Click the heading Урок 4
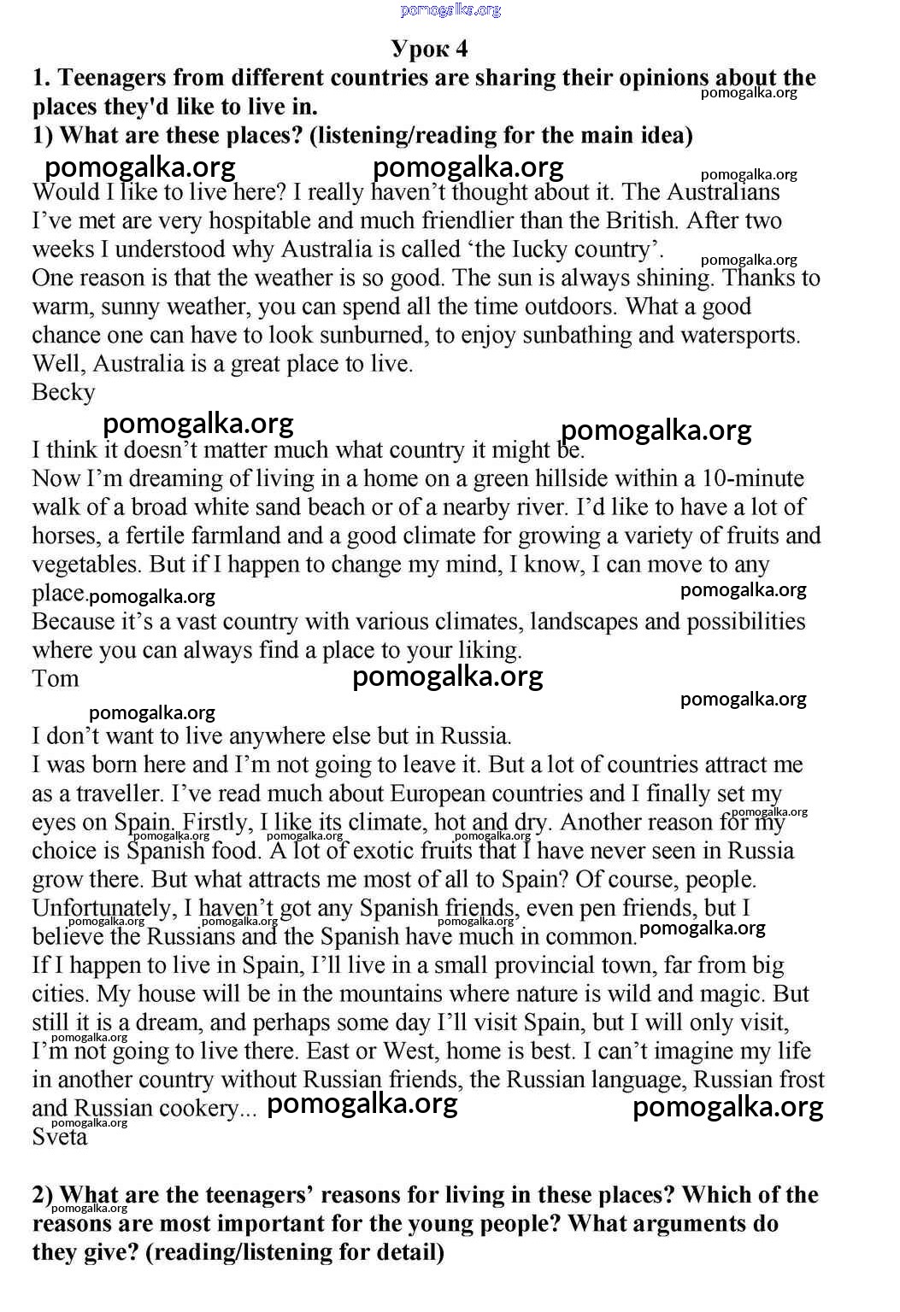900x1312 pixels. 429,48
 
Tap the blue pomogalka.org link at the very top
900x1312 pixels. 450,10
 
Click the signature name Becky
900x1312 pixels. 63,392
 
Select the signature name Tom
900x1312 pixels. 56,678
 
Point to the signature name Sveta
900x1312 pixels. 60,1137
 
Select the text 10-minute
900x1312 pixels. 753,478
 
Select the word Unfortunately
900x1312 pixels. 102,908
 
